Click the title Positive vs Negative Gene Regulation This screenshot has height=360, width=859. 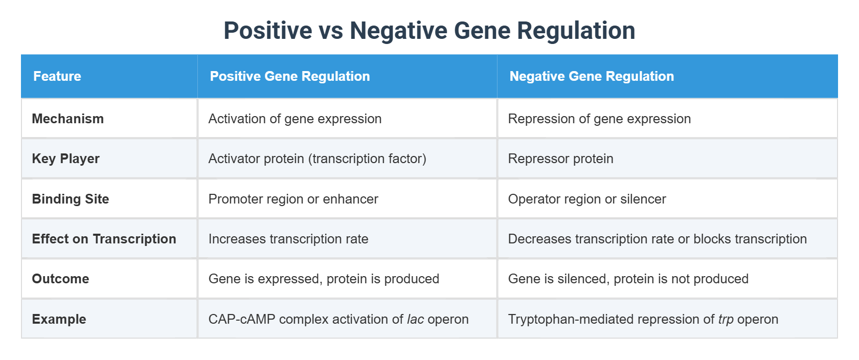pyautogui.click(x=429, y=31)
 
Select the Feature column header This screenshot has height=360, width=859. pyautogui.click(x=57, y=76)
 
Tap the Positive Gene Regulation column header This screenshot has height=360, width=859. pyautogui.click(x=289, y=76)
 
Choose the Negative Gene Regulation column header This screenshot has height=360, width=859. pyautogui.click(x=591, y=76)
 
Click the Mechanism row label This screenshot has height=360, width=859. pyautogui.click(x=68, y=119)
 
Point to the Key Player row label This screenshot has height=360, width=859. pyautogui.click(x=65, y=159)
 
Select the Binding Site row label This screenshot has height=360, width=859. pyautogui.click(x=71, y=199)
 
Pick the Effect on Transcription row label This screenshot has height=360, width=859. pyautogui.click(x=104, y=239)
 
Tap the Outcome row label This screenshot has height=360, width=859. pyautogui.click(x=60, y=279)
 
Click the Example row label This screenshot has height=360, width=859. pyautogui.click(x=59, y=319)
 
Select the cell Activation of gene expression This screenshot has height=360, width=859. pyautogui.click(x=295, y=119)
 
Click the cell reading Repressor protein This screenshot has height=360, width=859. pyautogui.click(x=560, y=159)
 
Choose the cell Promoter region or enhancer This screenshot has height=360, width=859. pyautogui.click(x=293, y=199)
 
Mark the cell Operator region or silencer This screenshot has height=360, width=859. pyautogui.click(x=586, y=199)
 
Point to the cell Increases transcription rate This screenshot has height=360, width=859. pyautogui.click(x=288, y=239)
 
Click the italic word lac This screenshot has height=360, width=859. pyautogui.click(x=415, y=319)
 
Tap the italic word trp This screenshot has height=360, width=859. pyautogui.click(x=726, y=320)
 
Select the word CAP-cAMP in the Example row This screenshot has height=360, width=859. pyautogui.click(x=242, y=319)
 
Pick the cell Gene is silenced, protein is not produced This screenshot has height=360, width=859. pyautogui.click(x=628, y=279)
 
